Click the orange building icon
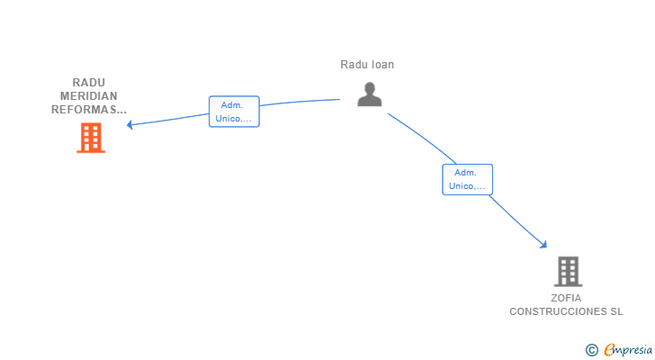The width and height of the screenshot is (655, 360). [91, 138]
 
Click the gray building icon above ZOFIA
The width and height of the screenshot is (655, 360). [568, 272]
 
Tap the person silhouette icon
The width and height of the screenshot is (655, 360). [370, 94]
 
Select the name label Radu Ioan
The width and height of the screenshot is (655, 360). [367, 65]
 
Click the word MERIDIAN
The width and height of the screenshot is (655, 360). [88, 96]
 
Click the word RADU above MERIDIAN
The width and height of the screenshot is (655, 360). [88, 82]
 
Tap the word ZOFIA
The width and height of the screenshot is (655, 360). [566, 298]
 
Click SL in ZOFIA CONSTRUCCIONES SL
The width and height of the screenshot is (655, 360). [616, 311]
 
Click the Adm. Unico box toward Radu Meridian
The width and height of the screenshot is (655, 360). [234, 112]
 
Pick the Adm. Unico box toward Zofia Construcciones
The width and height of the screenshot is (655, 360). [468, 180]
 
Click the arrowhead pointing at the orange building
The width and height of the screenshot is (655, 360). [130, 124]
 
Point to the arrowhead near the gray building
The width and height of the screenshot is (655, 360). [543, 245]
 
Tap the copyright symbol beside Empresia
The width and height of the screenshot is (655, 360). [591, 350]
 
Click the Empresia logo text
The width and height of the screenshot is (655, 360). [628, 350]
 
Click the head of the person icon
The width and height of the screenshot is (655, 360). [370, 88]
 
